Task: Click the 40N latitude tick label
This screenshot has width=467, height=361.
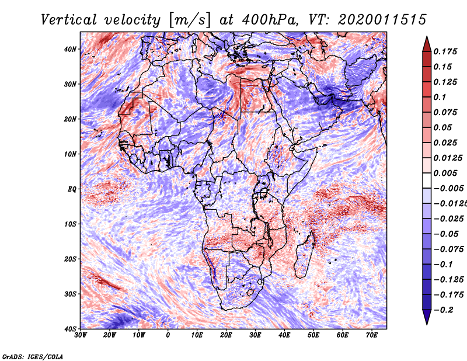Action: tap(70, 49)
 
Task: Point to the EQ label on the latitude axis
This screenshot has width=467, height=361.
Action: tap(72, 189)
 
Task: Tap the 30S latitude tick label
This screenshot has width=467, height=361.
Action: tap(70, 294)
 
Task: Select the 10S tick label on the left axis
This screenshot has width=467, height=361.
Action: tap(70, 224)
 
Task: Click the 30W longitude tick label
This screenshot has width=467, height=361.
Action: tap(81, 335)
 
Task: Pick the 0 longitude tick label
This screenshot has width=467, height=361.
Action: tap(168, 335)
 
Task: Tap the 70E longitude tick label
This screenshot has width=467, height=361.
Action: tap(372, 335)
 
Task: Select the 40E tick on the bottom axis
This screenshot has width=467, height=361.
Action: tap(284, 335)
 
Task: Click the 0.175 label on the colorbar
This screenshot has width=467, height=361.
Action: tap(445, 51)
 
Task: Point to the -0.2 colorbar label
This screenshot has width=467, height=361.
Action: tap(443, 310)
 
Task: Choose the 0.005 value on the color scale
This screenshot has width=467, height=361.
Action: tap(445, 173)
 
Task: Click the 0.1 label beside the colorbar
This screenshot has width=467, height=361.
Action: tap(440, 97)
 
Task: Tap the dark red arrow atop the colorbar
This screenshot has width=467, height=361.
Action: tap(427, 44)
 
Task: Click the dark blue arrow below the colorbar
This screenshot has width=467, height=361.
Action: tap(427, 317)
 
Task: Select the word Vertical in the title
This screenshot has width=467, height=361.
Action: tap(69, 20)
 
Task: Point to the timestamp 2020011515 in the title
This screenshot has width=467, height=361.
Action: tap(382, 20)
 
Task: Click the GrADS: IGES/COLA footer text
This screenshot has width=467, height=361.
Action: tap(33, 356)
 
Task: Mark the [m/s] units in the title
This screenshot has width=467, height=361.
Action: tap(190, 20)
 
